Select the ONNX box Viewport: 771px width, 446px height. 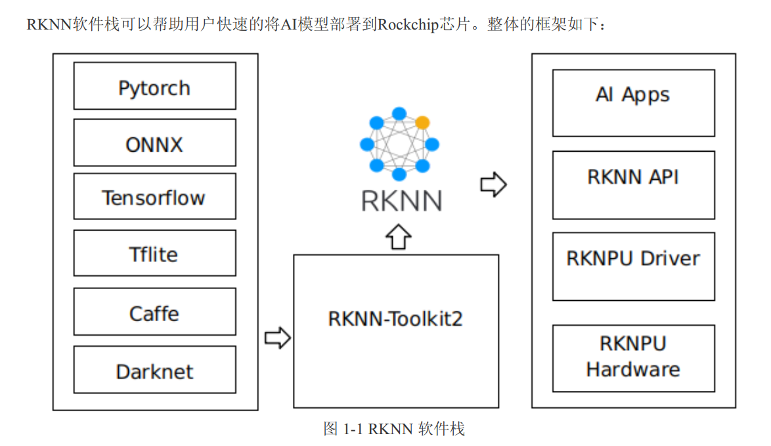point(154,143)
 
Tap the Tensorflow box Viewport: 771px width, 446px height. point(154,196)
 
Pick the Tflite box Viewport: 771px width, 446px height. point(154,253)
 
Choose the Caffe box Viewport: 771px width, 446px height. point(154,312)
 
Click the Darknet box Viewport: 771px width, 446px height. point(154,370)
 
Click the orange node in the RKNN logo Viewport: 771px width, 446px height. point(423,122)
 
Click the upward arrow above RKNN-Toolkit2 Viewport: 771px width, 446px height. point(398,235)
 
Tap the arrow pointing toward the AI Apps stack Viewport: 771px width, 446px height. point(493,185)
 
